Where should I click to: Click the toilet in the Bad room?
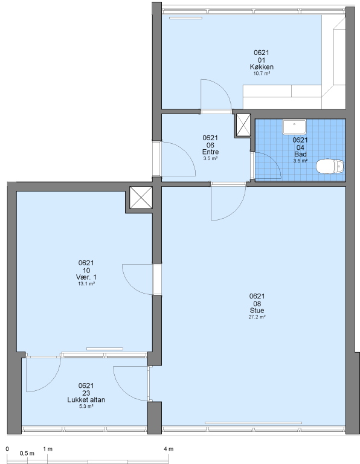coord(330,166)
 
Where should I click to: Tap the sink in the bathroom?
coord(294,127)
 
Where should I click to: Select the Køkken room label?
coord(262,66)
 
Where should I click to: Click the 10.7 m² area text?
coord(262,73)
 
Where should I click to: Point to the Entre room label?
coord(210,152)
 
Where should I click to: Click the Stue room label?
coord(257,310)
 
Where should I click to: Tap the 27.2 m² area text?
coord(257,317)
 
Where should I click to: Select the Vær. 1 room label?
coord(86,277)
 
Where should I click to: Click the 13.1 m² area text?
coord(86,284)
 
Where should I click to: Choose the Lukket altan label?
coord(86,399)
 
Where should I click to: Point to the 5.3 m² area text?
coord(86,406)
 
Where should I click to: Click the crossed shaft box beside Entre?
coord(243,125)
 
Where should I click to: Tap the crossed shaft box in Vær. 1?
coord(141,198)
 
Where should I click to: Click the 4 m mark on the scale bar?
coord(169,449)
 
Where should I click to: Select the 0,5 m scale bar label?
coord(27,453)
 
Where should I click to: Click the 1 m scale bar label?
coord(48,449)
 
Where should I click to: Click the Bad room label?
coord(300,154)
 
